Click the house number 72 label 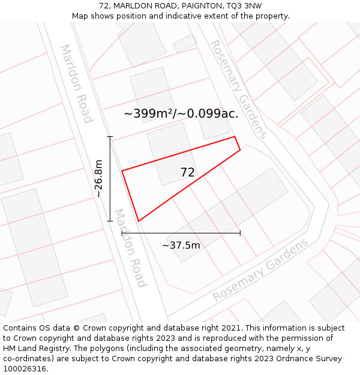(187, 173)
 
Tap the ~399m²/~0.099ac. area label (181, 113)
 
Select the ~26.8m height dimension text (98, 179)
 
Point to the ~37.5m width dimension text (181, 245)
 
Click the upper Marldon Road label (76, 83)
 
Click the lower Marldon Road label (130, 248)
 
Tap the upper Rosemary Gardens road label (238, 89)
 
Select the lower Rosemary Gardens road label (260, 270)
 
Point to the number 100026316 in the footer (24, 369)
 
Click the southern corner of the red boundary (139, 221)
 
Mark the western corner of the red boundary (122, 171)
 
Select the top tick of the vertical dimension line (110, 137)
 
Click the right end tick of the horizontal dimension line (240, 233)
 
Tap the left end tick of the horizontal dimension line (122, 233)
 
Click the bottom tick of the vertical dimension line (110, 221)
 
